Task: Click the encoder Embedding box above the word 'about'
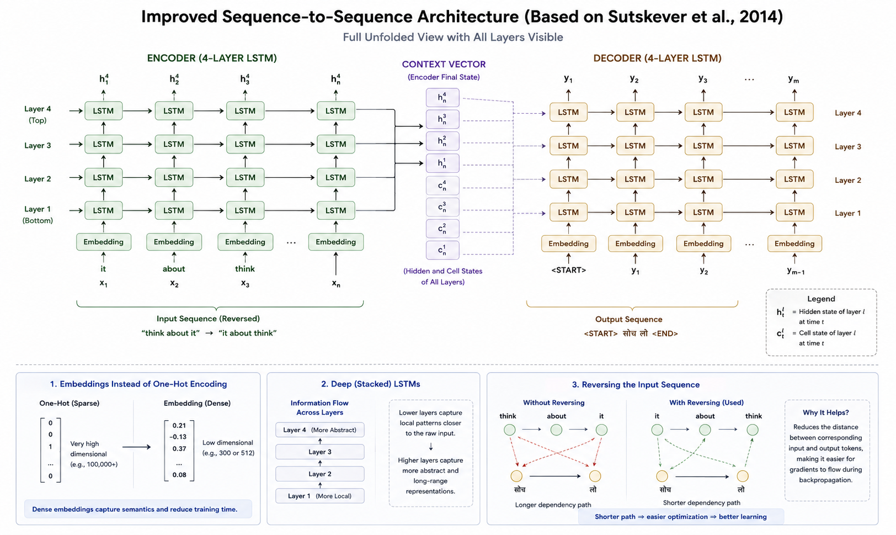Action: click(174, 242)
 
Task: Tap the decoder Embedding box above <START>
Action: click(568, 243)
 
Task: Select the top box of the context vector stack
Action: click(442, 98)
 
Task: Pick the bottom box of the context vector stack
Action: click(442, 250)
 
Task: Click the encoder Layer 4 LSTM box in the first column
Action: click(103, 111)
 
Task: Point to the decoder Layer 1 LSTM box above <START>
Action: click(568, 213)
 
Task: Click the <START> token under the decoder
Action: click(568, 270)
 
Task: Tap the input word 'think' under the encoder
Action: click(245, 269)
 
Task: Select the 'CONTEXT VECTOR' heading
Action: click(444, 65)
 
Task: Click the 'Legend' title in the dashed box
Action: click(821, 299)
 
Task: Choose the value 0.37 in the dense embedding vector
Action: click(179, 448)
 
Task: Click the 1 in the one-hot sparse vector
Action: click(50, 447)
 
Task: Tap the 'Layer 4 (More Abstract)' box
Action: click(319, 430)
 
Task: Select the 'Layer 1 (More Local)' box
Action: click(319, 496)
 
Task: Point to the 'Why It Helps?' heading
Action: click(825, 412)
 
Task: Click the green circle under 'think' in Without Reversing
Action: click(510, 430)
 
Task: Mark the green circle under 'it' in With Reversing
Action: click(657, 430)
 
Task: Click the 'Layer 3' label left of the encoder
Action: click(38, 145)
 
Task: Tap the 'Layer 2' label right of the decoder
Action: click(848, 180)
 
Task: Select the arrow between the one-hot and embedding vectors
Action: click(136, 447)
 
